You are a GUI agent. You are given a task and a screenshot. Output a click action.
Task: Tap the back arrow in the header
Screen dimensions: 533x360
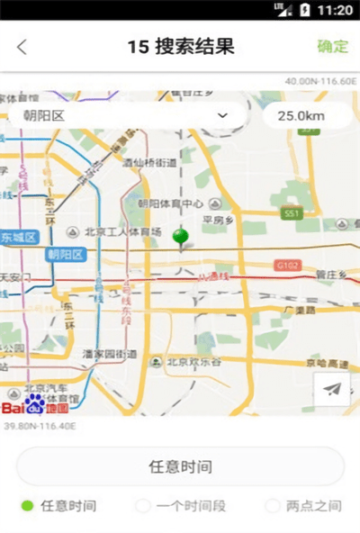[22, 48]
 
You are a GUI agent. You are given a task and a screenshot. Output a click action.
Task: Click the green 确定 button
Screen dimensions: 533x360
[332, 47]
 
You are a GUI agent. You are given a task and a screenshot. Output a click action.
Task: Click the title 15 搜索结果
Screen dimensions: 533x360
[181, 47]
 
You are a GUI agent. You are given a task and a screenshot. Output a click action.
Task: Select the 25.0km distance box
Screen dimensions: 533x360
[301, 115]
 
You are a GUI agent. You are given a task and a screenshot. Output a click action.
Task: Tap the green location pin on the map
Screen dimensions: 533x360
[181, 238]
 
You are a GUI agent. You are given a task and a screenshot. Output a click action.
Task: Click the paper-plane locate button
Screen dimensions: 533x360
[332, 389]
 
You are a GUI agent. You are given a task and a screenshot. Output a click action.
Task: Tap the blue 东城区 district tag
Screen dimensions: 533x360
[19, 238]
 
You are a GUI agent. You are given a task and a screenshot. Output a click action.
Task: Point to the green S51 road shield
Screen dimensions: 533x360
[290, 213]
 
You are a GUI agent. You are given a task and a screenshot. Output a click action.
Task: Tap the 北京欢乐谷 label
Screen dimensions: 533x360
[193, 362]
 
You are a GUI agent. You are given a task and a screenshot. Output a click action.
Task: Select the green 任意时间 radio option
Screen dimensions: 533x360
[28, 506]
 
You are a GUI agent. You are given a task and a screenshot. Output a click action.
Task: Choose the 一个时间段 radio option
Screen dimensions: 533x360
[142, 506]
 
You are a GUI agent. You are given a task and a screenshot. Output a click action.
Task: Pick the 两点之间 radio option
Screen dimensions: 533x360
[274, 506]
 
